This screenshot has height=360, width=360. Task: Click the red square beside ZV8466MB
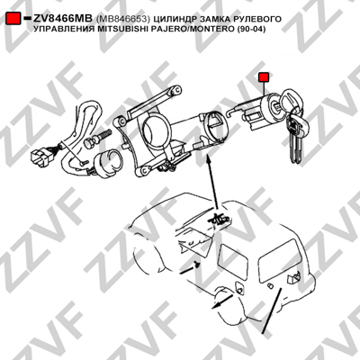coord(13,18)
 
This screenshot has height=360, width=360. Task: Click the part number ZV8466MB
coord(63,19)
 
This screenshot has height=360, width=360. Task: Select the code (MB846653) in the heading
coord(123,19)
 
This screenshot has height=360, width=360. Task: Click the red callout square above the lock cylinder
coord(264,77)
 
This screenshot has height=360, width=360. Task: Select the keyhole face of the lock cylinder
coord(275,105)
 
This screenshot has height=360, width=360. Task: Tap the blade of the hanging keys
coord(295,147)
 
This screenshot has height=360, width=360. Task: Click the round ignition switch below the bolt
coord(107,164)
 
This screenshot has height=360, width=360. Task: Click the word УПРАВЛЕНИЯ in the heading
coord(64,29)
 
